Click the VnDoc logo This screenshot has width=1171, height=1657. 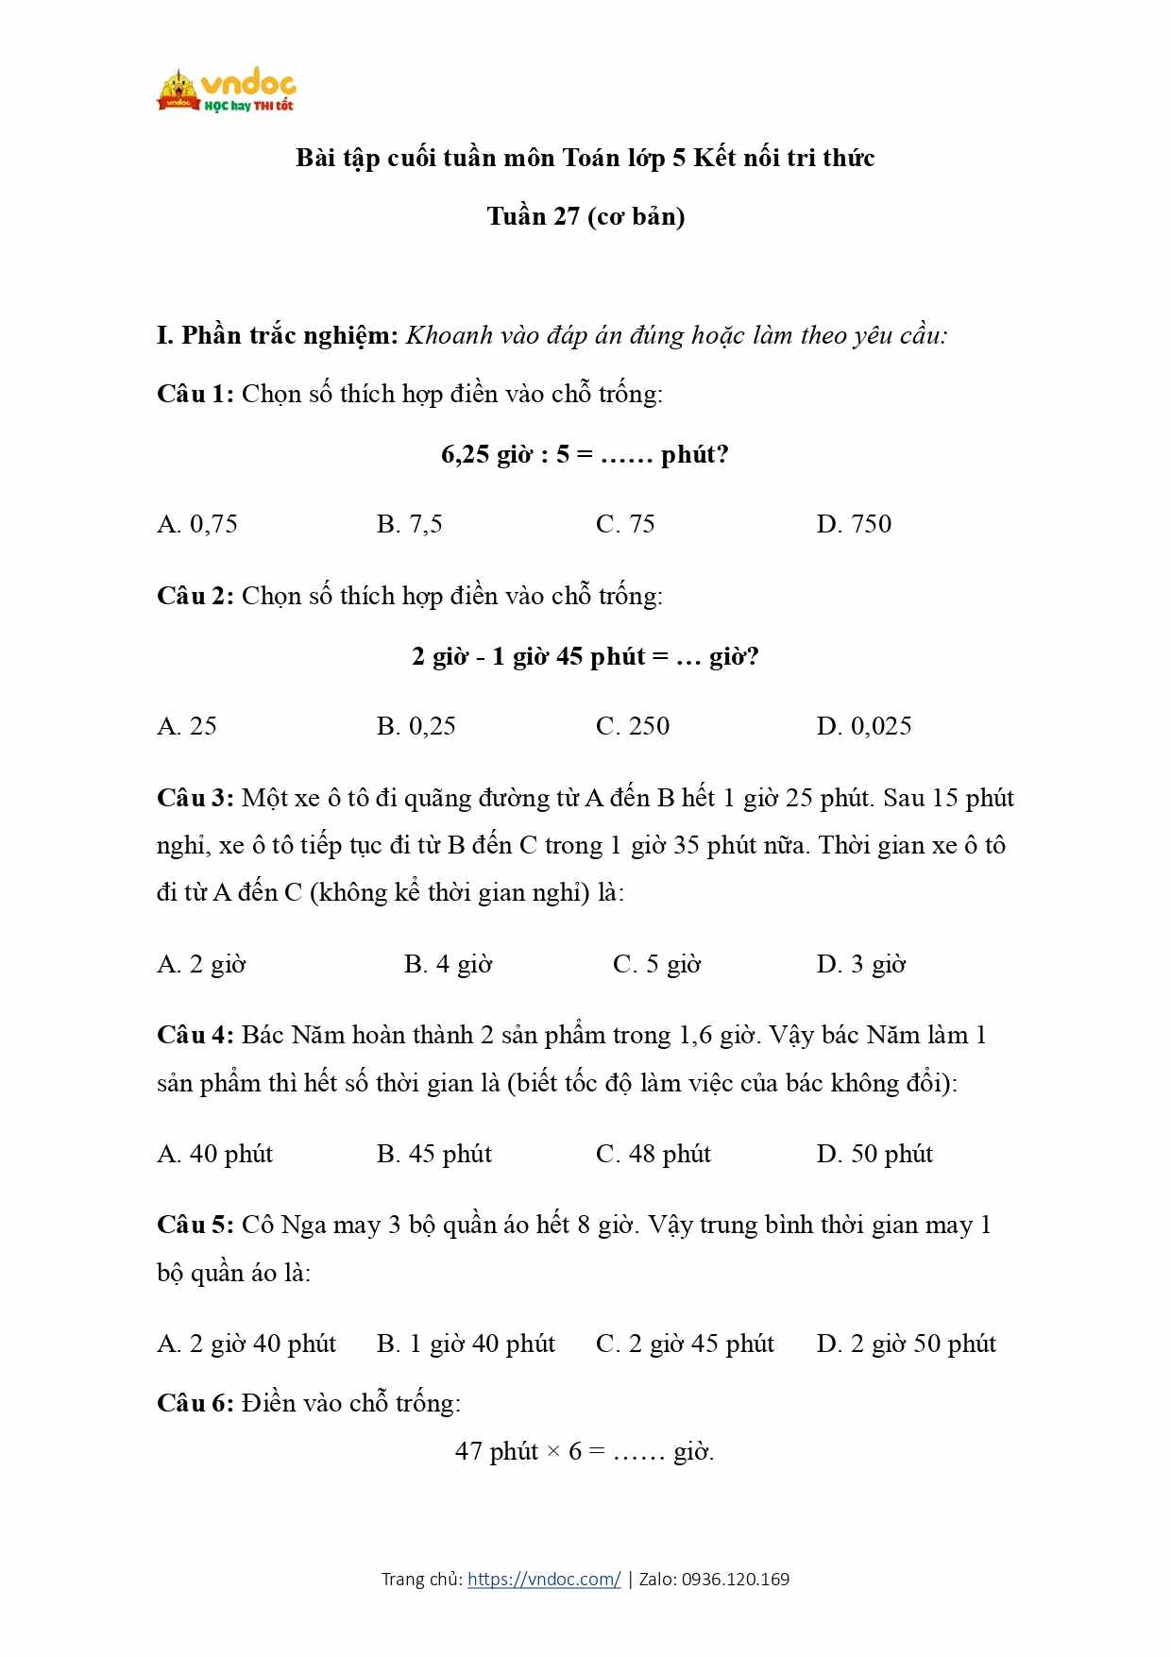[x=226, y=92]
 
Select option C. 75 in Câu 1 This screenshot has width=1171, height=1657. [x=624, y=524]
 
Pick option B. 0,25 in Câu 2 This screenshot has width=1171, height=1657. [x=416, y=726]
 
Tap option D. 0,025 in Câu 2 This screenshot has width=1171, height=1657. [x=863, y=726]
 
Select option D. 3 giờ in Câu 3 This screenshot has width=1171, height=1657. [x=860, y=964]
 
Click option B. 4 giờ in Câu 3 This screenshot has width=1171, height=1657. [x=448, y=964]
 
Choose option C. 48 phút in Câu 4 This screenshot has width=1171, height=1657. [x=653, y=1154]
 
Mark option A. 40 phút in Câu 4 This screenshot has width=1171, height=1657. [x=214, y=1154]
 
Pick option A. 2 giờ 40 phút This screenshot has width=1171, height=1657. [x=246, y=1344]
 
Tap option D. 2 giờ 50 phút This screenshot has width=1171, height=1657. [x=906, y=1344]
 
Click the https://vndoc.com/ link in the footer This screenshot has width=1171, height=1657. [x=544, y=1579]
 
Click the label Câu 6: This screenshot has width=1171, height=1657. [x=195, y=1403]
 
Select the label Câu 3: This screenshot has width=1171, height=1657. [x=195, y=798]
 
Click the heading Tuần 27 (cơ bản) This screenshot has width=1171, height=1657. [x=585, y=216]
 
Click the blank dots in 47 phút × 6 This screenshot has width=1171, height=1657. [x=638, y=1451]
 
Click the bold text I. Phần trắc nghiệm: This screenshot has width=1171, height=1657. [x=278, y=335]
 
